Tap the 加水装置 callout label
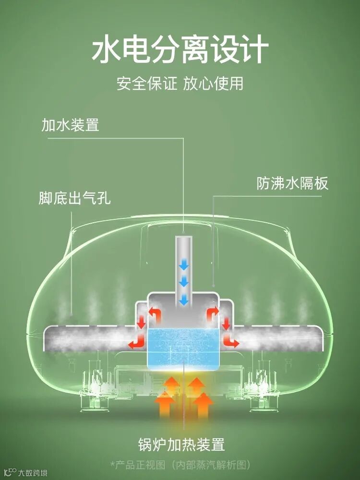pyautogui.click(x=71, y=125)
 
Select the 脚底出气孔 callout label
pyautogui.click(x=74, y=198)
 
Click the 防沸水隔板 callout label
pyautogui.click(x=293, y=184)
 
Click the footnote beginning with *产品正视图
pyautogui.click(x=180, y=465)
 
